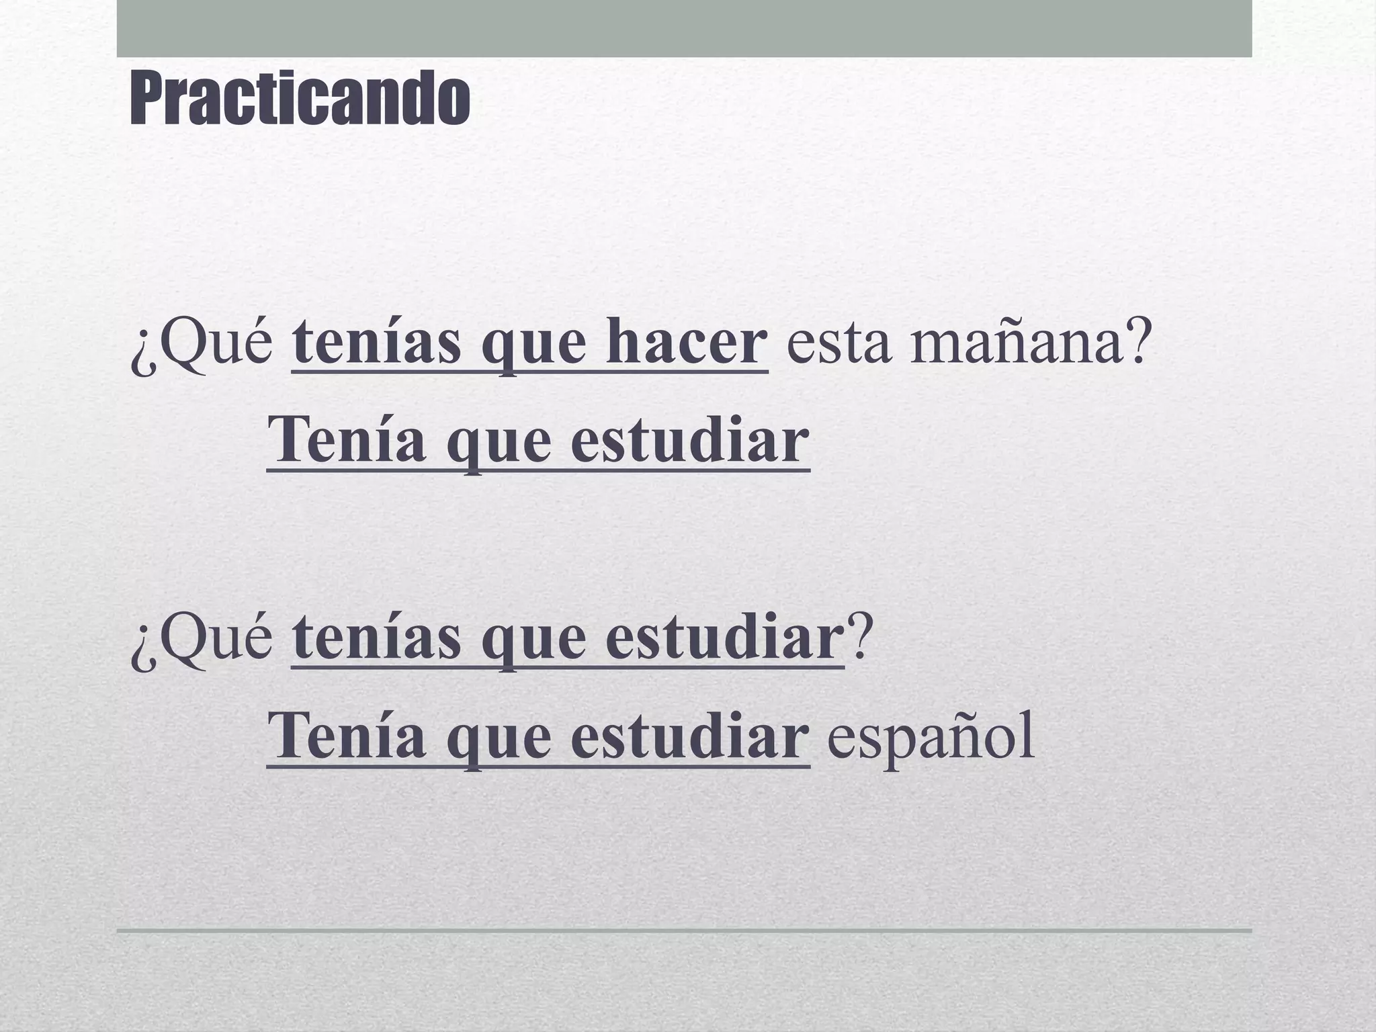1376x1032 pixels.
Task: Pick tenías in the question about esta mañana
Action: [x=377, y=343]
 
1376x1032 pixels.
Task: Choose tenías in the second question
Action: [x=377, y=640]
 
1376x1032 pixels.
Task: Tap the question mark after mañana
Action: [x=1134, y=343]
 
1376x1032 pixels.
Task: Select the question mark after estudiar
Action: [x=859, y=640]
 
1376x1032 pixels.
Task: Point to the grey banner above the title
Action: [x=684, y=28]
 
